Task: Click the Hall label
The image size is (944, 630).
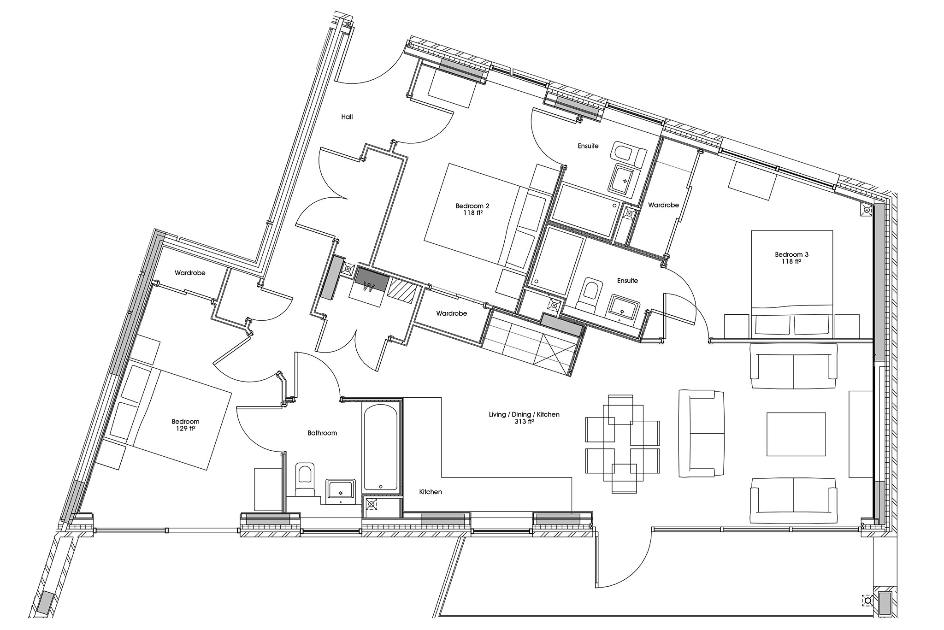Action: (x=347, y=117)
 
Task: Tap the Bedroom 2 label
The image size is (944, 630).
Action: (x=469, y=209)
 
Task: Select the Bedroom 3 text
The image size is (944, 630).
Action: (x=791, y=258)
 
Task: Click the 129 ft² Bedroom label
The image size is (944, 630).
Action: (x=185, y=425)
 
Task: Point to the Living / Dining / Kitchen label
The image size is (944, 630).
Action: (x=524, y=418)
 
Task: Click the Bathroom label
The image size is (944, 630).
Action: (x=322, y=433)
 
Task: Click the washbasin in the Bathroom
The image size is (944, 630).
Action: (x=341, y=490)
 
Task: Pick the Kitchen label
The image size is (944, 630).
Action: (x=431, y=492)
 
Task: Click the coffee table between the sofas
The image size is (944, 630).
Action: (x=796, y=434)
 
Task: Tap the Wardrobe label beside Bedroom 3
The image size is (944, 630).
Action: (x=663, y=205)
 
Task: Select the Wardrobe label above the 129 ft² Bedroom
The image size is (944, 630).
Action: (x=190, y=273)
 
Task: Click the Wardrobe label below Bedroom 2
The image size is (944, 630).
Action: (x=451, y=313)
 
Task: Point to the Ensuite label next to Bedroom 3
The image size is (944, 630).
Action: (x=627, y=281)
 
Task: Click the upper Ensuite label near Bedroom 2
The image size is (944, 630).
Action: (x=588, y=146)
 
